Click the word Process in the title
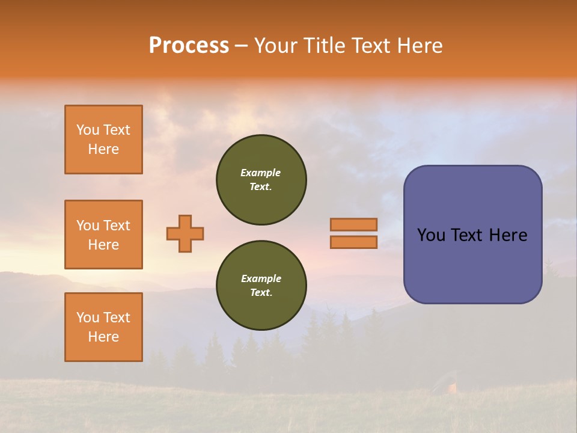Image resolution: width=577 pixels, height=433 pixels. pyautogui.click(x=189, y=46)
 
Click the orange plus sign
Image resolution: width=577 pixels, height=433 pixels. pyautogui.click(x=185, y=233)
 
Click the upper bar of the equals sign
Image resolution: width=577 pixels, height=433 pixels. pyautogui.click(x=353, y=224)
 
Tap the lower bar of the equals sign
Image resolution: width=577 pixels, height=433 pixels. pyautogui.click(x=353, y=242)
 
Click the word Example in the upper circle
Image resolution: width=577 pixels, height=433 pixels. pyautogui.click(x=260, y=173)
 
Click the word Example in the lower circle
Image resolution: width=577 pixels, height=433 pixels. pyautogui.click(x=261, y=278)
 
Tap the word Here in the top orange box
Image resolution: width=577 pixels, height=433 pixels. pyautogui.click(x=103, y=149)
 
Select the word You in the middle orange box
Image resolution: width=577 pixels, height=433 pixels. pyautogui.click(x=88, y=226)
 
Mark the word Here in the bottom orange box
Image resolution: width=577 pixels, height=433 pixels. pyautogui.click(x=103, y=337)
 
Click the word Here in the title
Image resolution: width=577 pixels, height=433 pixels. pyautogui.click(x=419, y=46)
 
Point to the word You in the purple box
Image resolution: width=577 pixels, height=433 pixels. pyautogui.click(x=431, y=235)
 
